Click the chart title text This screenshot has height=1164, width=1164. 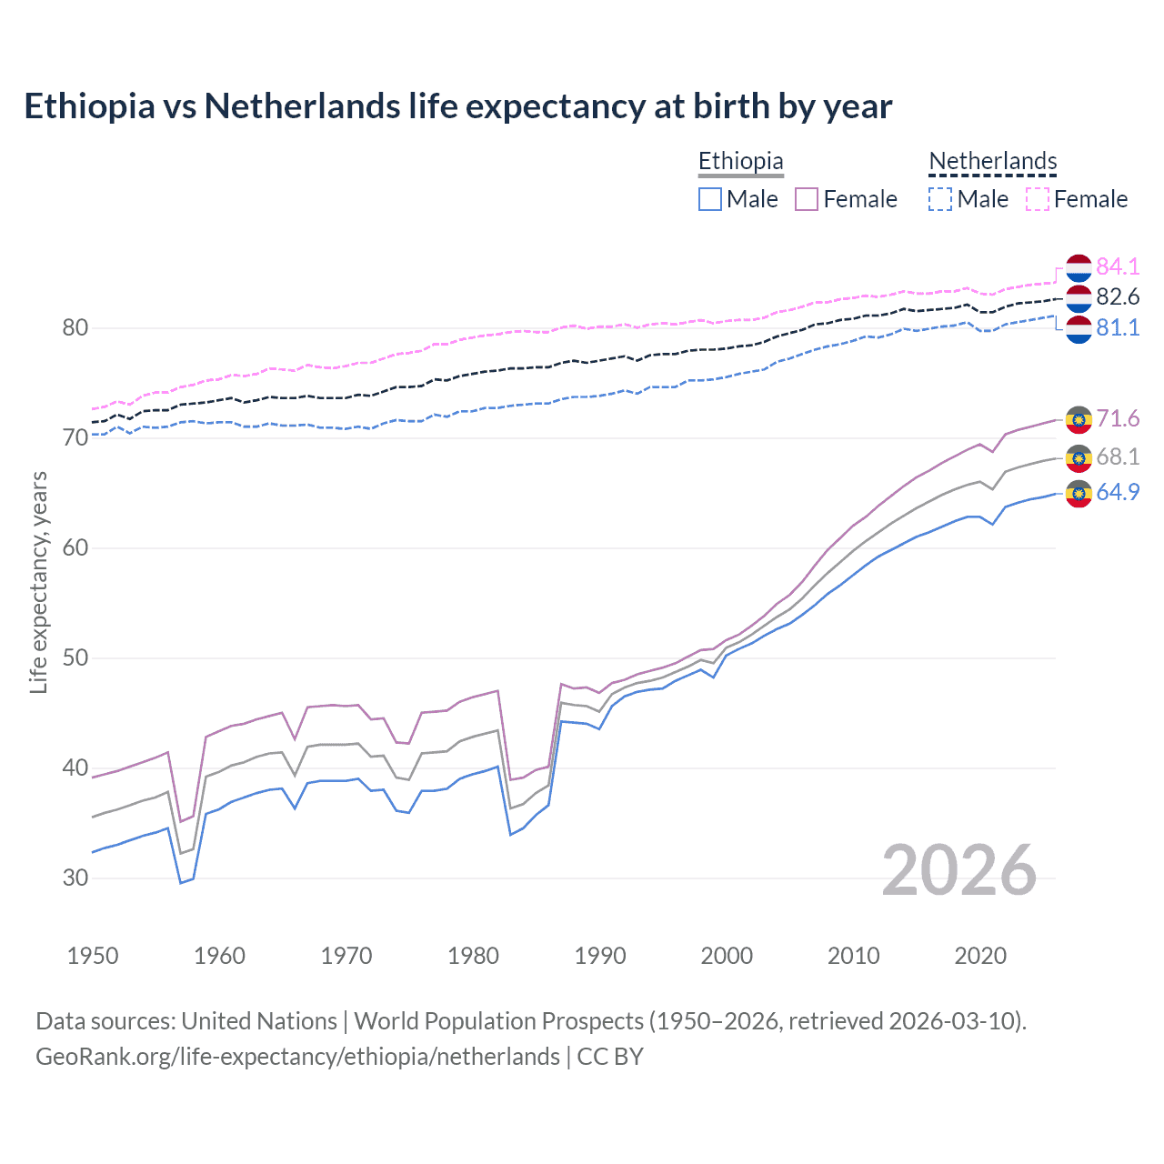[457, 106]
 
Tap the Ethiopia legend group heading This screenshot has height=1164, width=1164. [740, 161]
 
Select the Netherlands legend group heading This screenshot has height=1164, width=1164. [992, 161]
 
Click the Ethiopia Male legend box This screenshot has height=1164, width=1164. [710, 199]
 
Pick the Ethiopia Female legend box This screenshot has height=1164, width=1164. [807, 199]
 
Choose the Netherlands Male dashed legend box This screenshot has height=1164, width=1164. [940, 199]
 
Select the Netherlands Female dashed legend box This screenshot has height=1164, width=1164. [1038, 199]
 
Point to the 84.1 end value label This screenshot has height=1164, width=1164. [1118, 266]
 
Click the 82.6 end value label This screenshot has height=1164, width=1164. [1118, 297]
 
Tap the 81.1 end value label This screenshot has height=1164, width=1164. [1118, 328]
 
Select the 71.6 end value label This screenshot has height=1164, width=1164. [1118, 418]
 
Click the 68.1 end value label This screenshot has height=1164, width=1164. [1118, 457]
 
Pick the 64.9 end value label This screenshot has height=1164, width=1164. [1118, 492]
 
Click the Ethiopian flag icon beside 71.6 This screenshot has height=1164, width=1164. [1079, 419]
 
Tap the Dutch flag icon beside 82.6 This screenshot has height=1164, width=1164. [1079, 298]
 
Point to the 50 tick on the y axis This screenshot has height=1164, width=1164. [75, 657]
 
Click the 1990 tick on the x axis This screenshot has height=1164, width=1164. [600, 956]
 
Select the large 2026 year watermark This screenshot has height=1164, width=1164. [958, 870]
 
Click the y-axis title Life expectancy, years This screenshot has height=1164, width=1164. [38, 582]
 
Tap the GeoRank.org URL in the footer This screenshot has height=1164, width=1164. [297, 1057]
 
